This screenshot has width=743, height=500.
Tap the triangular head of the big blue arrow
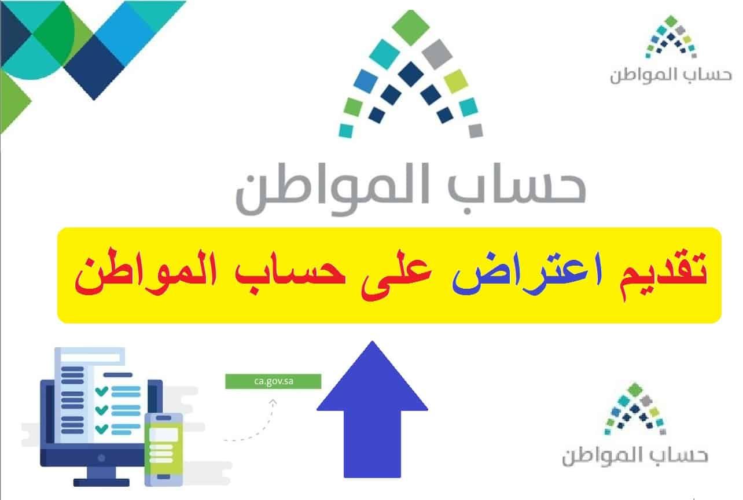pyautogui.click(x=372, y=376)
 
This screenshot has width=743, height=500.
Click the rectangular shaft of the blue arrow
pyautogui.click(x=372, y=443)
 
